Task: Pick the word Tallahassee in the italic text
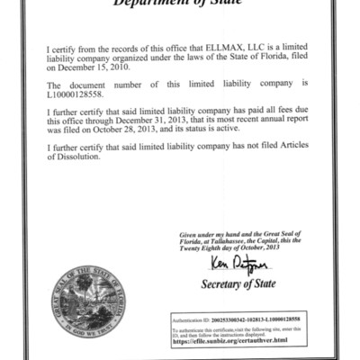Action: pos(229,242)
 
